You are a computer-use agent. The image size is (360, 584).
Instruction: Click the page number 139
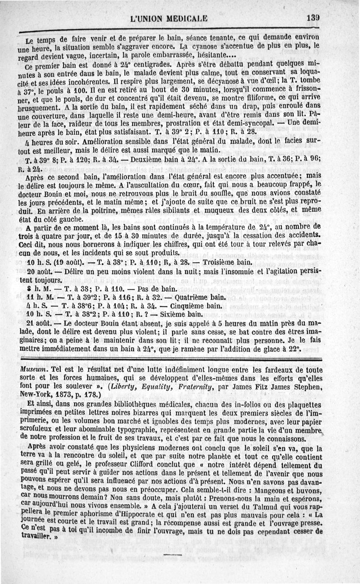click(312, 18)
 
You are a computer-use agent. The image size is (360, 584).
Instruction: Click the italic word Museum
click(32, 368)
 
